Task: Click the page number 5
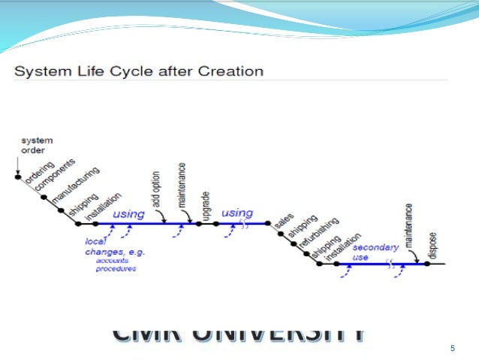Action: [x=452, y=349]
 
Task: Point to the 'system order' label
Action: [x=32, y=144]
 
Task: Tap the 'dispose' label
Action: [x=432, y=245]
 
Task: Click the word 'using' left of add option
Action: [x=128, y=213]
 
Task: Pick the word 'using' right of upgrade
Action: [x=238, y=213]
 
